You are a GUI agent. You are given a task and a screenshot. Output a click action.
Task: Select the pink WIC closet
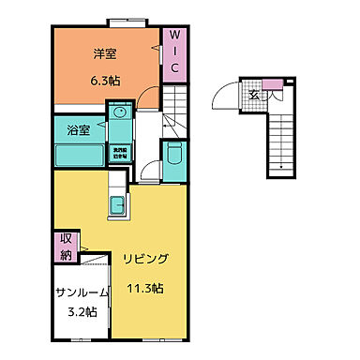pyautogui.click(x=173, y=54)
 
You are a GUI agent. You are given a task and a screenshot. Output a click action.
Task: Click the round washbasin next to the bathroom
pyautogui.click(x=119, y=114)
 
